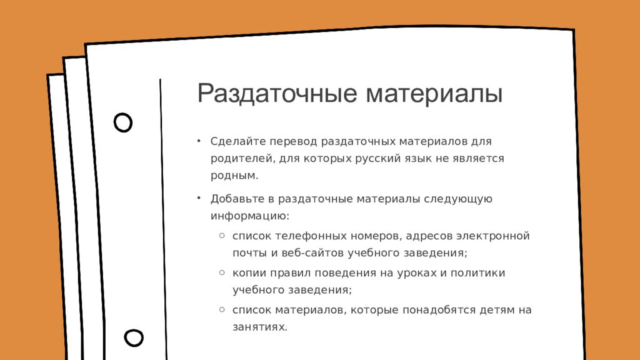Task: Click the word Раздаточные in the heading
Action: point(277,94)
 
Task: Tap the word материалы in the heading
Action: point(434,94)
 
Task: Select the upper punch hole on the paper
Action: point(123,122)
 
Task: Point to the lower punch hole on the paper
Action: point(134,337)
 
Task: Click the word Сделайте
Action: point(238,141)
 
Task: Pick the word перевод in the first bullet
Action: point(293,142)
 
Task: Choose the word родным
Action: point(234,176)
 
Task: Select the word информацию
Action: point(250,216)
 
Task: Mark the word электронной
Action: point(492,236)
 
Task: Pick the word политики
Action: point(477,272)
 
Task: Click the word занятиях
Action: point(260,327)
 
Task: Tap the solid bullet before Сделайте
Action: point(199,141)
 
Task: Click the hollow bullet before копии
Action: point(222,272)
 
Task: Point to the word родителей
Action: point(243,159)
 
